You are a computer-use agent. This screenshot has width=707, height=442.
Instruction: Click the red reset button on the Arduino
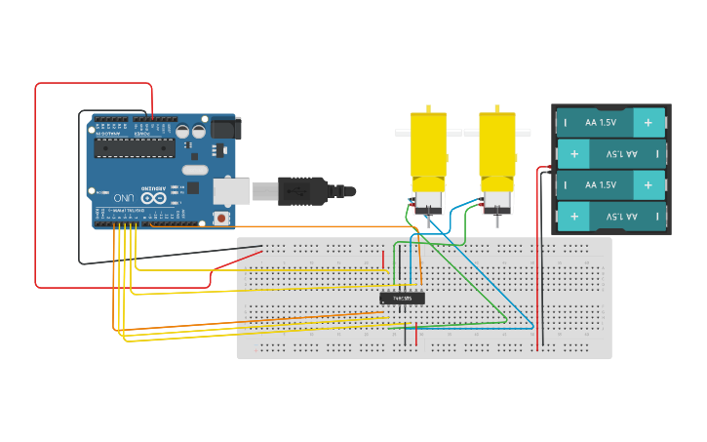222,218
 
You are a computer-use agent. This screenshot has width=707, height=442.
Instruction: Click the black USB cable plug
301,190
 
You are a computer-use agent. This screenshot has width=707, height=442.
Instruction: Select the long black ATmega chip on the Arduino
134,147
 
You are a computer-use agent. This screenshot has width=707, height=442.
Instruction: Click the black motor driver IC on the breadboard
402,298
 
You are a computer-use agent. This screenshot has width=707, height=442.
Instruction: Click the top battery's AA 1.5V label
600,123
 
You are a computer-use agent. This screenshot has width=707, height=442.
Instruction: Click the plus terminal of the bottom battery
574,216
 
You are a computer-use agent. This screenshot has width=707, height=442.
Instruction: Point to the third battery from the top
610,184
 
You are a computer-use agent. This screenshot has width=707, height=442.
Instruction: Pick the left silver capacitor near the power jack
183,131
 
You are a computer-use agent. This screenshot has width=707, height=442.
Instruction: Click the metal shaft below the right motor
496,221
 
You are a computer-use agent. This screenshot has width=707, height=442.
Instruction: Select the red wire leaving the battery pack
537,254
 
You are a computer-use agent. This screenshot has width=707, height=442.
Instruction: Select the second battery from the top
610,153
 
